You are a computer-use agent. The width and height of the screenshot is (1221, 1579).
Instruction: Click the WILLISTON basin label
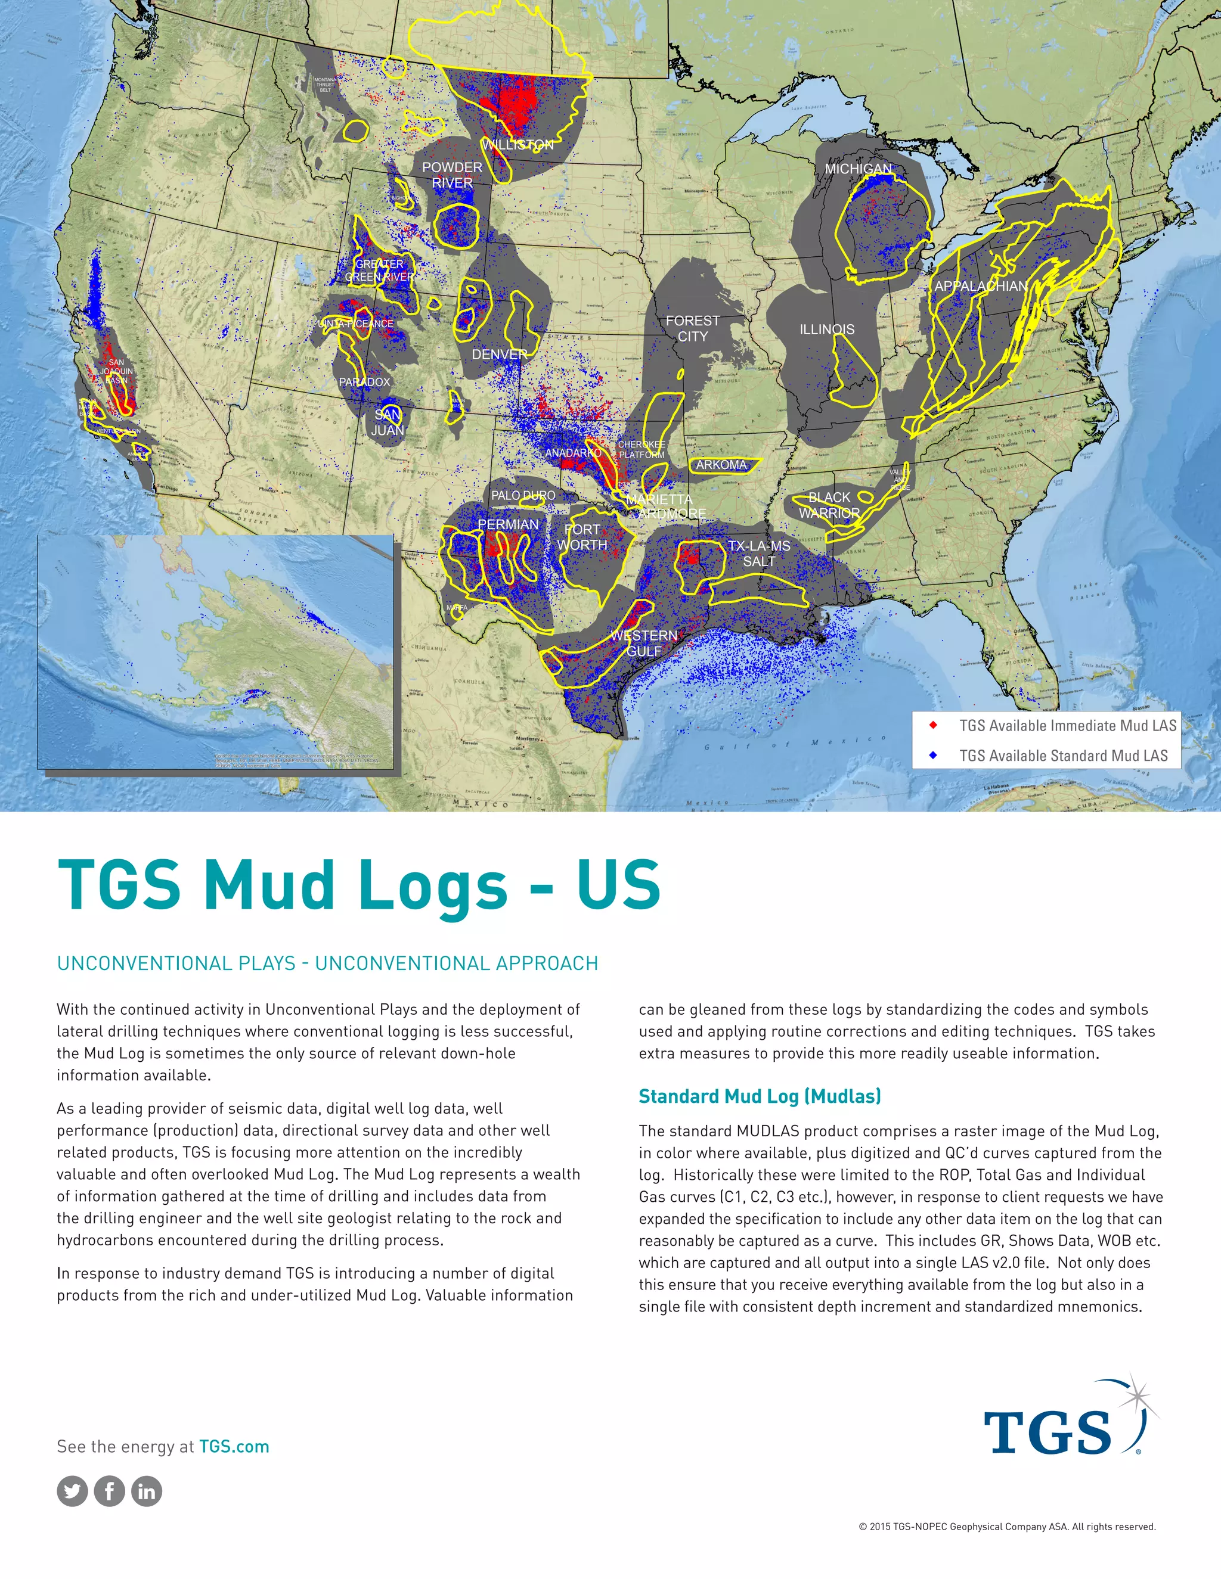pyautogui.click(x=518, y=145)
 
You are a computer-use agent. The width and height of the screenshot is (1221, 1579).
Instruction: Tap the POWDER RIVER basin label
pyautogui.click(x=452, y=175)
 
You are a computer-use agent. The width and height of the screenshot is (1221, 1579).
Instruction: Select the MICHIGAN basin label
pyautogui.click(x=859, y=169)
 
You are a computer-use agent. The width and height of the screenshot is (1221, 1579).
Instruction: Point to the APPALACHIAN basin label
pyautogui.click(x=981, y=286)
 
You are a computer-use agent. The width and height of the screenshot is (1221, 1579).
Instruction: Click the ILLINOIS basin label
pyautogui.click(x=827, y=330)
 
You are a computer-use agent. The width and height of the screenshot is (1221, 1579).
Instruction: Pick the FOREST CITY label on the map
pyautogui.click(x=692, y=328)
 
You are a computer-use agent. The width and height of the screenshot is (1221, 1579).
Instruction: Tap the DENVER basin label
pyautogui.click(x=500, y=355)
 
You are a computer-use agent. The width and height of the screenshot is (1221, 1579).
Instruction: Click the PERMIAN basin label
pyautogui.click(x=508, y=524)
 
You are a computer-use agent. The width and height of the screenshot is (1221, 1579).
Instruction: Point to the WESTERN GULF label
pyautogui.click(x=644, y=643)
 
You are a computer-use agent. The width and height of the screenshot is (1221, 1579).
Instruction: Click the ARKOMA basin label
pyautogui.click(x=721, y=465)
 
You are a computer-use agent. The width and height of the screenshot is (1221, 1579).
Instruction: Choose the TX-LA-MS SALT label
pyautogui.click(x=759, y=553)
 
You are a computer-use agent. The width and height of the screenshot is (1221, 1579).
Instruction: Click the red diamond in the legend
pyautogui.click(x=933, y=725)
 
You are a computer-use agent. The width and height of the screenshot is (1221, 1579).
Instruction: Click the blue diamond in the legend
pyautogui.click(x=933, y=756)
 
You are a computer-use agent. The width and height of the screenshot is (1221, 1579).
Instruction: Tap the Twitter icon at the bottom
pyautogui.click(x=72, y=1491)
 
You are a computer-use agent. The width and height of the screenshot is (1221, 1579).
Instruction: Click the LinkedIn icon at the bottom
pyautogui.click(x=147, y=1491)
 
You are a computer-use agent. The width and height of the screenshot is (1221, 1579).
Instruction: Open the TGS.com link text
pyautogui.click(x=234, y=1446)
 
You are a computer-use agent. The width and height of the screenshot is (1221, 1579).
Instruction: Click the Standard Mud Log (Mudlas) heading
pyautogui.click(x=760, y=1096)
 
